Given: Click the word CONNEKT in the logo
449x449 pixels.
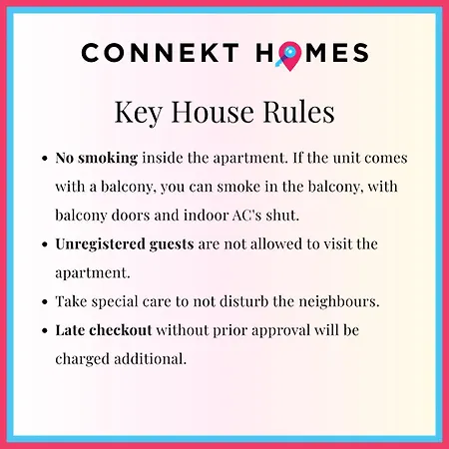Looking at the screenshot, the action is click(160, 53).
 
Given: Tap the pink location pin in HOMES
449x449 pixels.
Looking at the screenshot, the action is click(289, 56).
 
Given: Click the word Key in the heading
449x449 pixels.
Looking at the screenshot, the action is click(139, 113).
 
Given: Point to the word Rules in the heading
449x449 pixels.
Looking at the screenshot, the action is click(298, 112).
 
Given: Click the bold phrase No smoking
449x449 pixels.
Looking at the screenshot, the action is click(97, 158).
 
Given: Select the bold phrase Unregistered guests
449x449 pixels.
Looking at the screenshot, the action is click(125, 244).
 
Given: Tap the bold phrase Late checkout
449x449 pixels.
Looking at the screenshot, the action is click(104, 330).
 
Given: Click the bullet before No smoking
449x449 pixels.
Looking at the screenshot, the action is click(45, 159).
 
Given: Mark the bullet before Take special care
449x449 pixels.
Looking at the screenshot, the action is click(45, 302).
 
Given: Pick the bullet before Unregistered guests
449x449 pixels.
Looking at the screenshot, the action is click(45, 244).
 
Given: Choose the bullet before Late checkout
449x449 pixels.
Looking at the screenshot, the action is click(45, 331).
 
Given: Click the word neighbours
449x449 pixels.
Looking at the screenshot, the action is click(339, 302).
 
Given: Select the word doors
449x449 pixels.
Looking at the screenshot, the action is click(131, 216).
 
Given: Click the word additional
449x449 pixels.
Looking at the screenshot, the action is click(151, 359).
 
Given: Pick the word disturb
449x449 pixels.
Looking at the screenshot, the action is click(243, 301).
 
